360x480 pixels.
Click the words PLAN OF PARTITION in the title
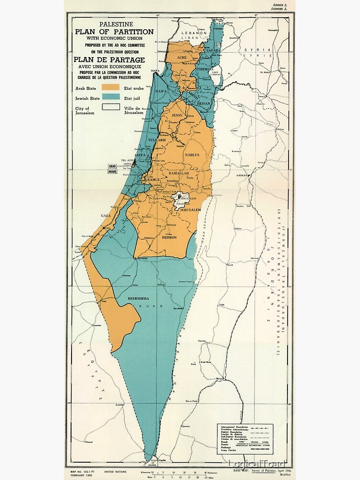pyautogui.click(x=114, y=32)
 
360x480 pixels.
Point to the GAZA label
pyautogui.click(x=106, y=216)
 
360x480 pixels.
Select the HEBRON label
pyautogui.click(x=169, y=237)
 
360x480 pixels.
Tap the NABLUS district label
pyautogui.click(x=192, y=155)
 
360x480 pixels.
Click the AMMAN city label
pyautogui.click(x=241, y=175)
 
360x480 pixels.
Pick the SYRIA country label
pyautogui.click(x=252, y=49)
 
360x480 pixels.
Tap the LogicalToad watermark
pyautogui.click(x=257, y=463)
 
